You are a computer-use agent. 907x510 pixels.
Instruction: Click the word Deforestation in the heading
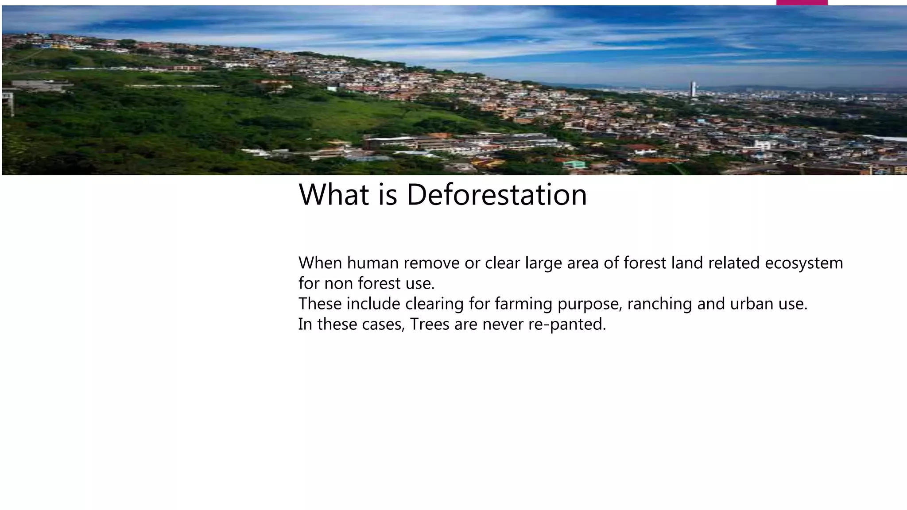[496, 195]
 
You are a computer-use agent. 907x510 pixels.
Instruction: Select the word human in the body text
[372, 263]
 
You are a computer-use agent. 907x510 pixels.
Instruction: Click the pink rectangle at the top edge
[802, 3]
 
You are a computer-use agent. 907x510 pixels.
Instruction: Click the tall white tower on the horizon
[693, 89]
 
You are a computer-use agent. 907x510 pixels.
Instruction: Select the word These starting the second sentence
[320, 304]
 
